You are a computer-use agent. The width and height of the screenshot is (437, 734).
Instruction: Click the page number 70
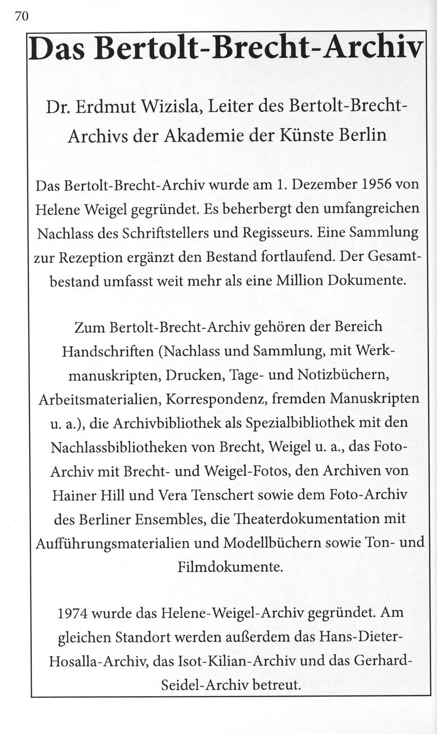21,17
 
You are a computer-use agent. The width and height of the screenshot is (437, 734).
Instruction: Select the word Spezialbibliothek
303,422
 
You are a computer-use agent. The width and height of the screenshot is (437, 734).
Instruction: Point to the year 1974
73,613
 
